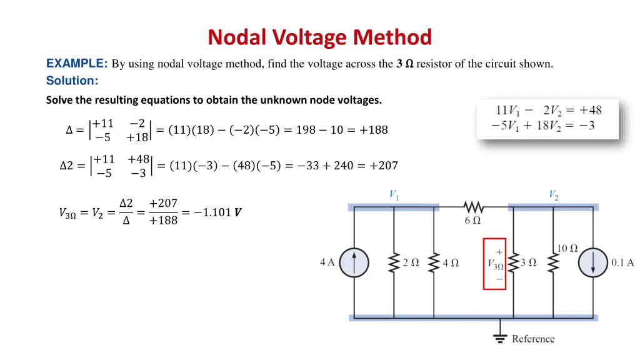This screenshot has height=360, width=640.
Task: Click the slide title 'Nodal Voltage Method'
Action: click(319, 37)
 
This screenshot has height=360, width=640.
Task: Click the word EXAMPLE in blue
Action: click(76, 63)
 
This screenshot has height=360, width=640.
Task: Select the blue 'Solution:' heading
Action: click(72, 81)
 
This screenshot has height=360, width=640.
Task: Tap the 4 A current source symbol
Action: click(354, 262)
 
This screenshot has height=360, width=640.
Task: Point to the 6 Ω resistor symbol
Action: click(473, 207)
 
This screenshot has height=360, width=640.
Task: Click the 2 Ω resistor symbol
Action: click(394, 262)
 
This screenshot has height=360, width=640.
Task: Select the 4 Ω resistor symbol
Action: click(433, 262)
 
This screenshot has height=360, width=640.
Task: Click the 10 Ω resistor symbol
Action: click(551, 262)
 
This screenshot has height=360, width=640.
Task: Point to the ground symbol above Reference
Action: click(499, 338)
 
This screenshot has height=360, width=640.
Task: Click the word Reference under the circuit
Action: click(533, 339)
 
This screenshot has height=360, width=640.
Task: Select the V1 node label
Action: click(393, 195)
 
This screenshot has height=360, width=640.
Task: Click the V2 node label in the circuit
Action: click(553, 195)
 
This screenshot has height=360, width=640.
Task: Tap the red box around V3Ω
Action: click(494, 263)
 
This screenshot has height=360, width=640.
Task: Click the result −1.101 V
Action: click(217, 212)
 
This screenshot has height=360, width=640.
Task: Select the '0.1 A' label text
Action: click(622, 262)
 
